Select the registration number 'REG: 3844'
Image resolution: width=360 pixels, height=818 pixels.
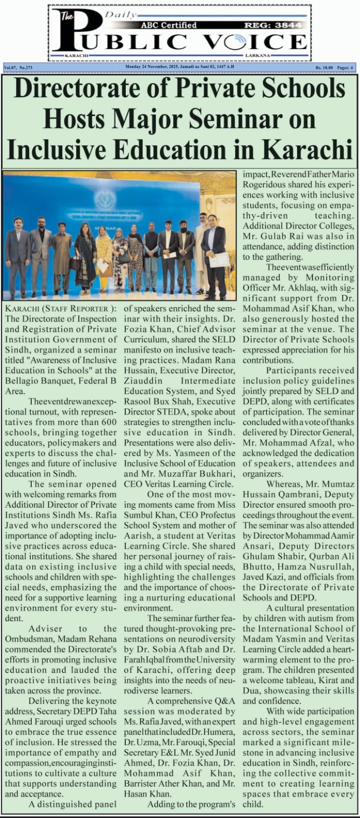280,25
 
